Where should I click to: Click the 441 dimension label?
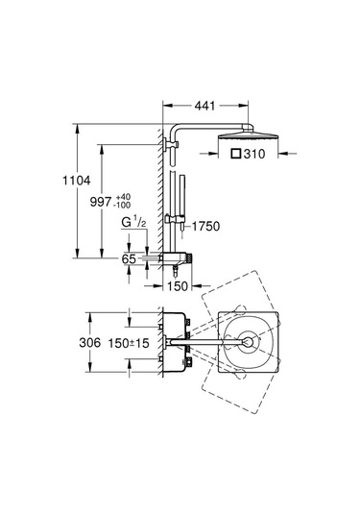point(204,106)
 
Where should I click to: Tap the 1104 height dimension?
point(77,181)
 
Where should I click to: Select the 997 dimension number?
point(101,202)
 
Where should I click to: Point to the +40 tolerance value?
point(123,197)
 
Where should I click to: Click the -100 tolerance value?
point(122,206)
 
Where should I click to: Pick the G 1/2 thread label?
point(133,223)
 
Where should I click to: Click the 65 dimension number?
point(129,259)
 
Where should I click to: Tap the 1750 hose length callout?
point(205,226)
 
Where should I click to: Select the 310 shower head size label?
point(254,154)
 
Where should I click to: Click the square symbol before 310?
point(236,154)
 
